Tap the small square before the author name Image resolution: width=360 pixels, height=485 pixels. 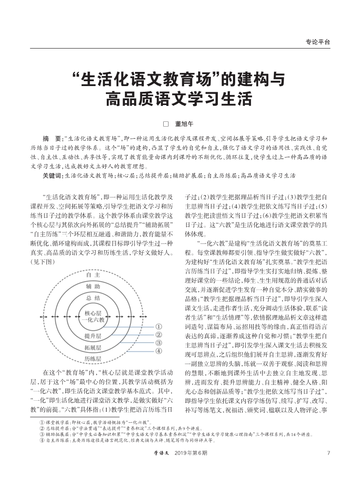166,124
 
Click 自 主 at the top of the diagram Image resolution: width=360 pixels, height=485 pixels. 93,275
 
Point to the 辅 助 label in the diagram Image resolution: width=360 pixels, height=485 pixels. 93,287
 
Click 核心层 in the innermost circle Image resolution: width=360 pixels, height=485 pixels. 93,313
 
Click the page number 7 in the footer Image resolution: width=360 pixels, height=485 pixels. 328,453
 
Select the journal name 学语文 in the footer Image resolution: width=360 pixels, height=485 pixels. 161,453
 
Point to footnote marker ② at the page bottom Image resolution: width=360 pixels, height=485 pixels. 41,428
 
